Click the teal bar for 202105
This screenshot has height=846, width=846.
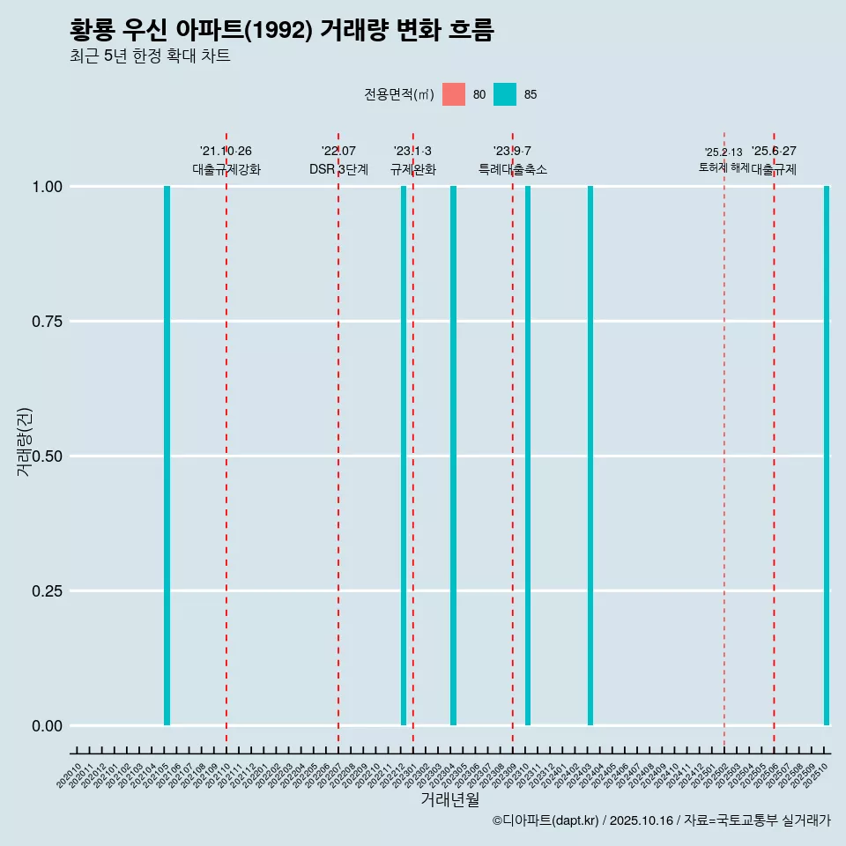tap(167, 456)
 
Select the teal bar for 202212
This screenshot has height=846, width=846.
tap(404, 456)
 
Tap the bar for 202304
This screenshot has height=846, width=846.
tap(453, 456)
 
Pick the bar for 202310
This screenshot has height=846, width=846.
tap(528, 456)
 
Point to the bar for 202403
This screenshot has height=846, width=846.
tap(590, 456)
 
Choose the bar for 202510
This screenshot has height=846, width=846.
tap(827, 456)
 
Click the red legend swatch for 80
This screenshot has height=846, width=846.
tap(454, 94)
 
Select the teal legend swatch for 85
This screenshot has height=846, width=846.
tap(505, 94)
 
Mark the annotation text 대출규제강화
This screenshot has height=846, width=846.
tap(226, 169)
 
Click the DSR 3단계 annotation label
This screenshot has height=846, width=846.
tap(338, 169)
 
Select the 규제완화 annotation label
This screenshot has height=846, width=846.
tap(413, 169)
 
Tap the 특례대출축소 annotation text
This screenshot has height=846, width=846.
tap(513, 169)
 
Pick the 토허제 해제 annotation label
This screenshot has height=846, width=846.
tap(724, 167)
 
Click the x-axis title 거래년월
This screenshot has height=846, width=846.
tap(449, 799)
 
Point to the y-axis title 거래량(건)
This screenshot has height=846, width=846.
tap(24, 441)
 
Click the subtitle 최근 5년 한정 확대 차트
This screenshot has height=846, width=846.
tap(150, 56)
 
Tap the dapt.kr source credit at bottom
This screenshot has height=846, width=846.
tap(661, 820)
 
